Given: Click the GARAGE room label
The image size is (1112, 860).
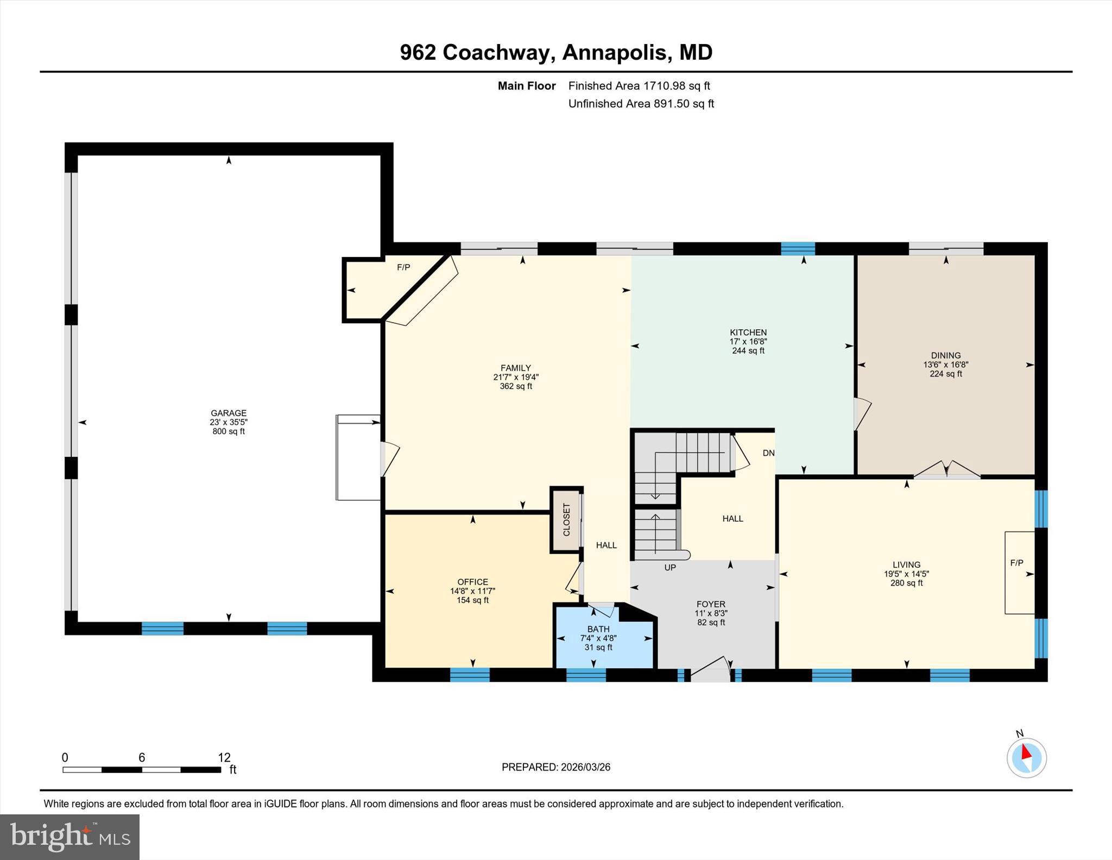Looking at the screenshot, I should pyautogui.click(x=229, y=413).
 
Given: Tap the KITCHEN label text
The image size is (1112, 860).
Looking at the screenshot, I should pyautogui.click(x=748, y=332).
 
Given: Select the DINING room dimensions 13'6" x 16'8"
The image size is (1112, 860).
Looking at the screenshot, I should pyautogui.click(x=946, y=365).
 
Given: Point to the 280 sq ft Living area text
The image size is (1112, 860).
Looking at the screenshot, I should pyautogui.click(x=906, y=583).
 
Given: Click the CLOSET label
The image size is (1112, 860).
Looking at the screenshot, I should pyautogui.click(x=567, y=520).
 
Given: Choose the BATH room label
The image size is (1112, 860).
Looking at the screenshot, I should pyautogui.click(x=598, y=629).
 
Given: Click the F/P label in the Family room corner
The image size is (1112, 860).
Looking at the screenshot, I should pyautogui.click(x=403, y=267).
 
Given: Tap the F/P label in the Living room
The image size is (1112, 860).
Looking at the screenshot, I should pyautogui.click(x=1016, y=563).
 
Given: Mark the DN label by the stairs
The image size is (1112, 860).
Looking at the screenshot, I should pyautogui.click(x=768, y=453).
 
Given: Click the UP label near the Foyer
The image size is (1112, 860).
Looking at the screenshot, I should pyautogui.click(x=670, y=568).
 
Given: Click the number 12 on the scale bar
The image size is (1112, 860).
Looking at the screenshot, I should pyautogui.click(x=224, y=757).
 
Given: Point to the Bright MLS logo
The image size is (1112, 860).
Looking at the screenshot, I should pyautogui.click(x=70, y=837).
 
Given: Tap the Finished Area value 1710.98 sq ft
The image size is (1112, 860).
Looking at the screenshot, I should pyautogui.click(x=677, y=86).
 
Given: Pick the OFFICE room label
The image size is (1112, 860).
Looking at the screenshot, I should pyautogui.click(x=472, y=582).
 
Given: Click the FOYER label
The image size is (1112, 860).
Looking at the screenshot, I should pyautogui.click(x=711, y=604).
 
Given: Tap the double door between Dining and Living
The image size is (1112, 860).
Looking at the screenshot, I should pyautogui.click(x=946, y=470).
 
